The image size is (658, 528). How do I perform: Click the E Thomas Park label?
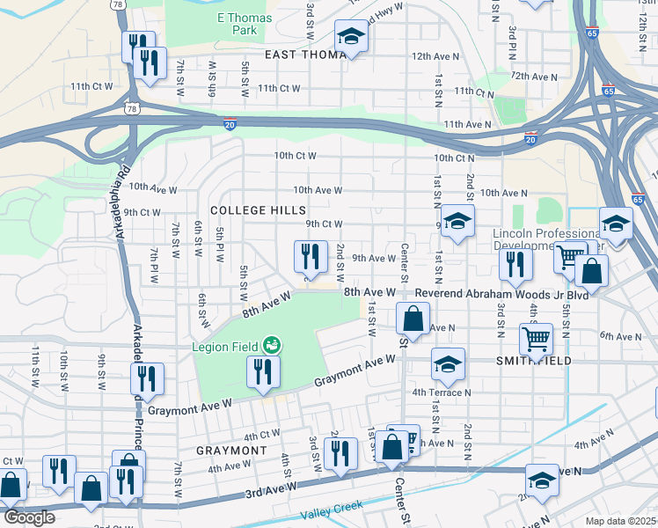point(244,24)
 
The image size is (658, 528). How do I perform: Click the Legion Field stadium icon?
point(273,346)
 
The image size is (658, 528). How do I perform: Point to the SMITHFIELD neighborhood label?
point(534,361)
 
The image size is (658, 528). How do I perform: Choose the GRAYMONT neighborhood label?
point(231,451)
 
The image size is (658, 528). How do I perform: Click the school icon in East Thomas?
point(351,38)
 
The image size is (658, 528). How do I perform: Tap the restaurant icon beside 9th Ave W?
point(310,257)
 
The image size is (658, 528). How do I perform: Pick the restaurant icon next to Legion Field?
point(261,371)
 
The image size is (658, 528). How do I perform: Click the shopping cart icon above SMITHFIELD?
point(536,338)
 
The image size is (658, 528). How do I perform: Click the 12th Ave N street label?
point(432,56)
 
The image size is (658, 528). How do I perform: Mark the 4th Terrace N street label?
point(441,392)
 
